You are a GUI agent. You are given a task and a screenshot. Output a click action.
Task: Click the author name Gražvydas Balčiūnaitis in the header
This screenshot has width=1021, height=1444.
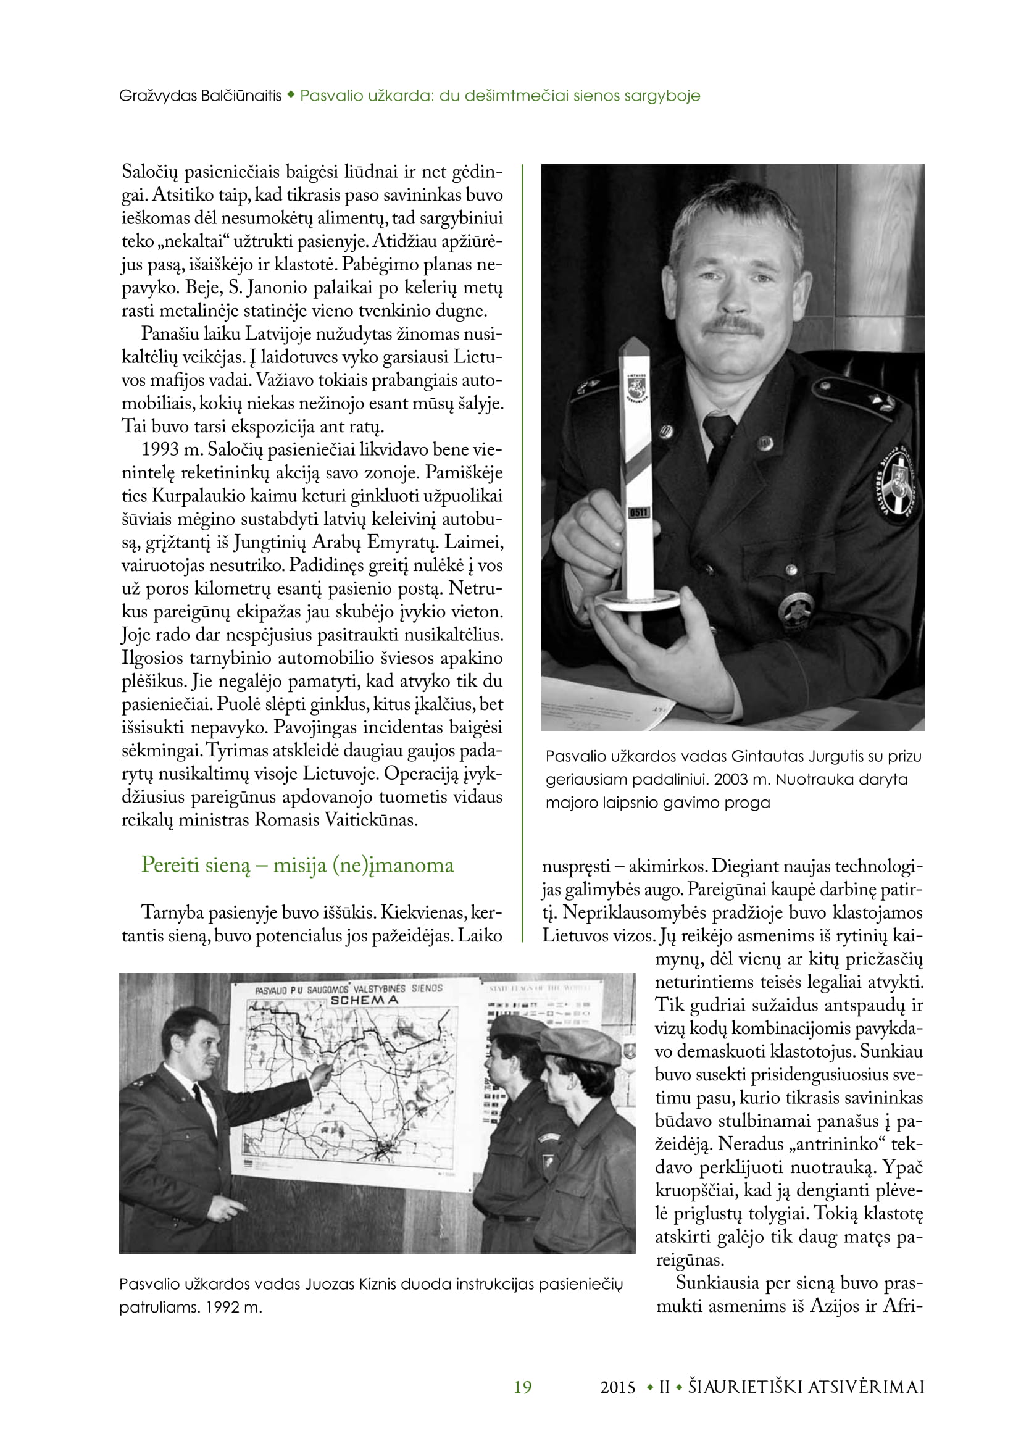pos(200,96)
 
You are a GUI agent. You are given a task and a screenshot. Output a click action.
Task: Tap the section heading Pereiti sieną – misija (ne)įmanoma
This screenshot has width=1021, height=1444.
pos(297,865)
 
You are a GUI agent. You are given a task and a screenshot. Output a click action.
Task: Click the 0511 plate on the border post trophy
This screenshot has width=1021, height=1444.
pos(639,512)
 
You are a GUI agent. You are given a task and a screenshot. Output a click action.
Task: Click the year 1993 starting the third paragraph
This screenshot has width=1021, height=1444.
pos(160,449)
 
